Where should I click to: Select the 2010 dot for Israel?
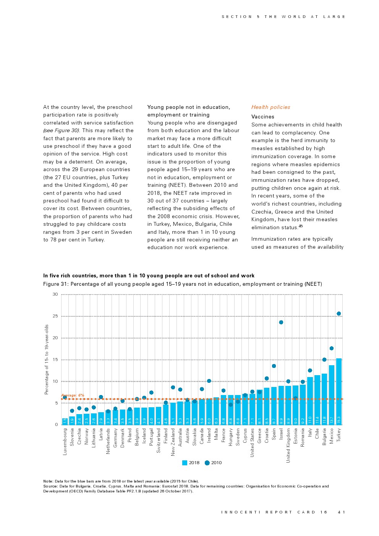[281, 322]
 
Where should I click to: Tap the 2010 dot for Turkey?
[339, 314]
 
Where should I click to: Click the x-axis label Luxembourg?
[65, 442]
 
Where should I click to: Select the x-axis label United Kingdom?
[288, 445]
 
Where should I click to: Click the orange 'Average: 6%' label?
[73, 395]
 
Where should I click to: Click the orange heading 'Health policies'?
[270, 107]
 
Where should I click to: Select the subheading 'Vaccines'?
[263, 117]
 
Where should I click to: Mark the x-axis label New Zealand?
[173, 442]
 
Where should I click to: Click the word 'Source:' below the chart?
[50, 486]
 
